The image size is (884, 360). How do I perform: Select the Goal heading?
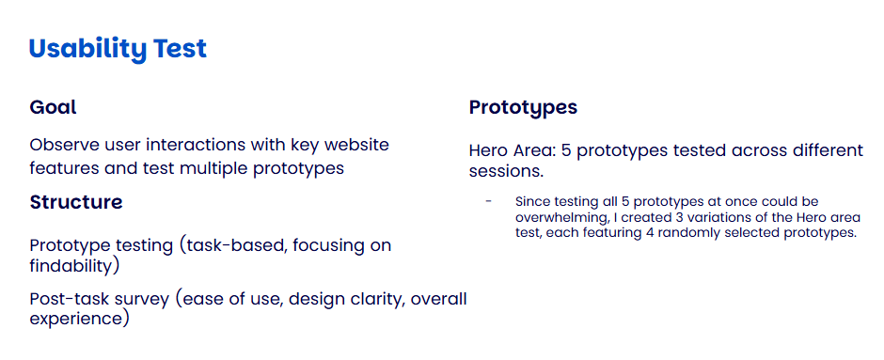point(53,107)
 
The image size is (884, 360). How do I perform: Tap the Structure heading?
point(76,202)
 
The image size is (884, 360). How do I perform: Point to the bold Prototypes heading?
point(523,107)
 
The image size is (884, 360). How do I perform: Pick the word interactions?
point(197,145)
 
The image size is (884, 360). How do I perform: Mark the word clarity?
point(379,299)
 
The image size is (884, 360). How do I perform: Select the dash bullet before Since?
point(489,202)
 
